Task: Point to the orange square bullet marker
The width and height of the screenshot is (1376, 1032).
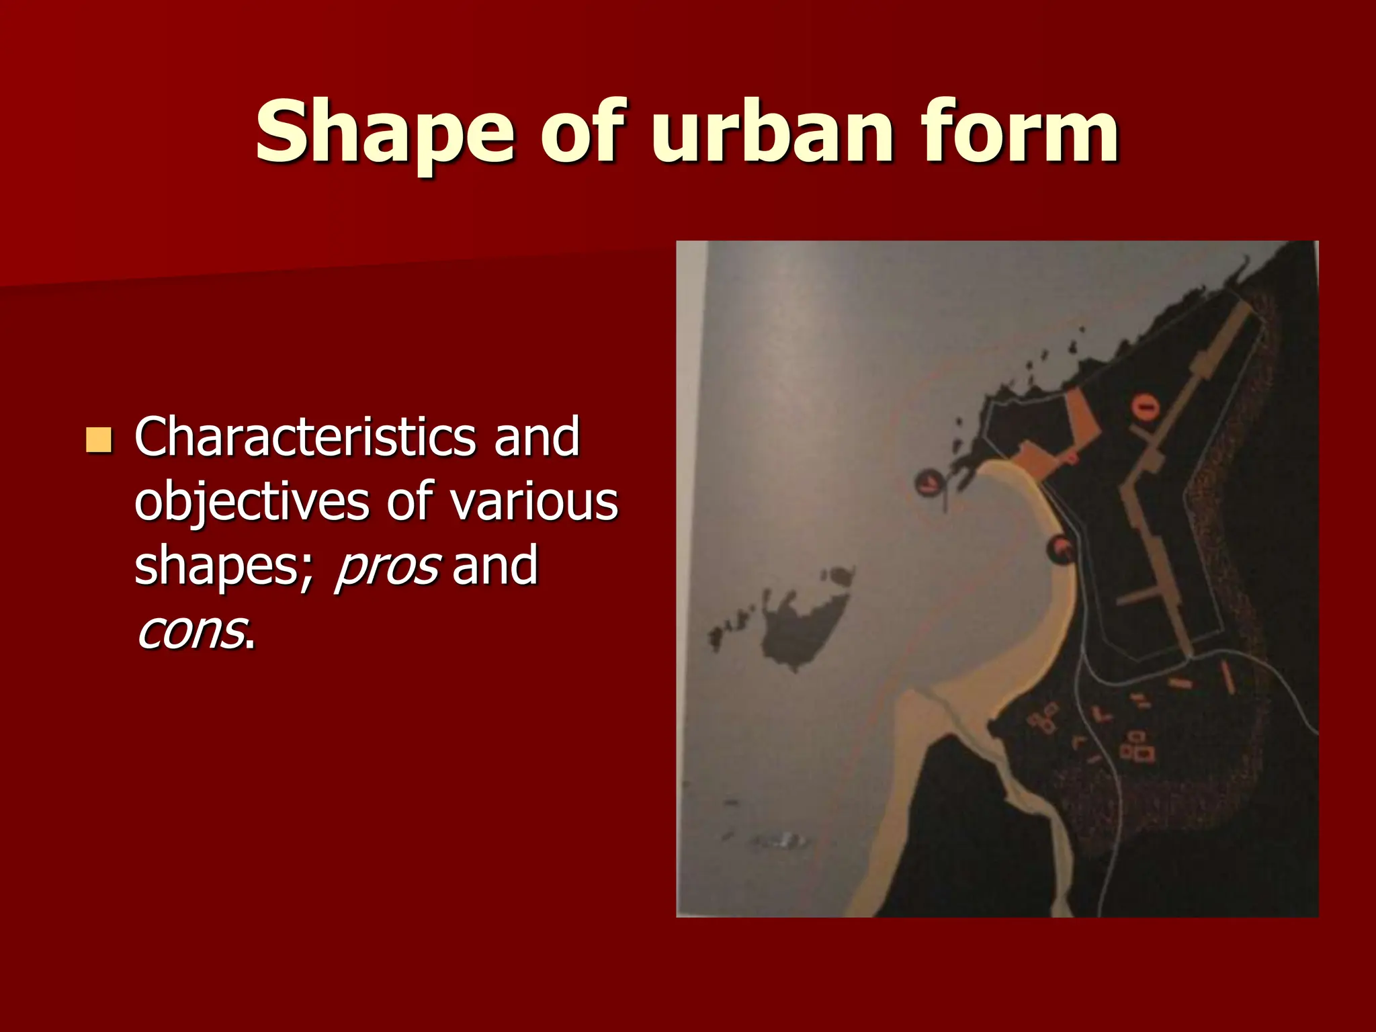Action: tap(99, 440)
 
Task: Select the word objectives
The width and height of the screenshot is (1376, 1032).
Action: tap(252, 502)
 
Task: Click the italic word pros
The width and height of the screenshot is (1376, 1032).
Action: tap(388, 566)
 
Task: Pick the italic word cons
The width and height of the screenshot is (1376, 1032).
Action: tap(190, 631)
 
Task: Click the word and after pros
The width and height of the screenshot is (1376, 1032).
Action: tap(495, 566)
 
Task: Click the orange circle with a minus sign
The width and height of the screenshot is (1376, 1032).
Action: tap(1146, 406)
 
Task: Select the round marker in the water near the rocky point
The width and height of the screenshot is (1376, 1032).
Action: tap(929, 481)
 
